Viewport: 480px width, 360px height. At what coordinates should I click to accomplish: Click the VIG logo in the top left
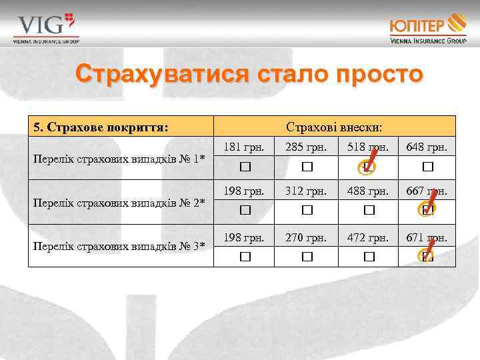tap(45, 27)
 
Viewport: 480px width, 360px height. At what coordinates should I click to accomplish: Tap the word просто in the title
tap(375, 74)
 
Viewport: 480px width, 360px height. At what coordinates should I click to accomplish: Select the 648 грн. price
tap(427, 146)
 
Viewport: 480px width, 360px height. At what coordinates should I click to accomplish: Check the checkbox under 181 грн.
tap(244, 166)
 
